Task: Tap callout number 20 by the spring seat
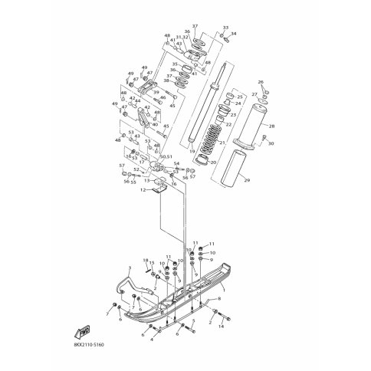tap(214, 163)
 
